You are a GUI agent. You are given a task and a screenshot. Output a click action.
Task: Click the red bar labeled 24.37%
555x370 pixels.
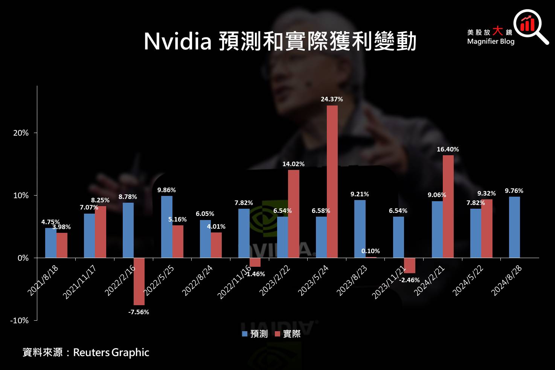click(332, 182)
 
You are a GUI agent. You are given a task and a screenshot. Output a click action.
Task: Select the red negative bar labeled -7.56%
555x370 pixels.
click(139, 281)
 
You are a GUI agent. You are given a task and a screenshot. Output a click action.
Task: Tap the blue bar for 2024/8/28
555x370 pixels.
click(514, 227)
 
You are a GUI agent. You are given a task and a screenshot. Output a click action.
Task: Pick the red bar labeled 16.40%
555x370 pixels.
click(448, 206)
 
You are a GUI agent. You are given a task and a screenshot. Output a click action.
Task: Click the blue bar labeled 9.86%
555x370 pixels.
click(167, 227)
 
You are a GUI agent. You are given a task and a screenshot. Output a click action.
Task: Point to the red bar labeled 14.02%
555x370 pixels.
click(294, 214)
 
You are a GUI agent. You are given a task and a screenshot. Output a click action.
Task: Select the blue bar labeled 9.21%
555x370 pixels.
click(360, 229)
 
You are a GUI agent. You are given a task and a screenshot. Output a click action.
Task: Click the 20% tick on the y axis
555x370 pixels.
click(21, 133)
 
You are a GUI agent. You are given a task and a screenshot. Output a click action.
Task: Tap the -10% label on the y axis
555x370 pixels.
click(19, 321)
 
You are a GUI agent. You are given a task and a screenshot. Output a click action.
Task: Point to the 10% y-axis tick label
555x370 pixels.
click(21, 196)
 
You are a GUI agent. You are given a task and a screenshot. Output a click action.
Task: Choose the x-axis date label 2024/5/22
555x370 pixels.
click(468, 280)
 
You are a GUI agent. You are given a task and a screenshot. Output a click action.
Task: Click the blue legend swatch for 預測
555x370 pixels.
click(245, 334)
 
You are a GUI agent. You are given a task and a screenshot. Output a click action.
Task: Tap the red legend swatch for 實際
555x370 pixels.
click(277, 334)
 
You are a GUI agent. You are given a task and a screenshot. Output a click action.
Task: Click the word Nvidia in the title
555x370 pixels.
click(178, 41)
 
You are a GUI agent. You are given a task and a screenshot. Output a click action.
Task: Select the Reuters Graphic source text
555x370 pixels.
click(111, 353)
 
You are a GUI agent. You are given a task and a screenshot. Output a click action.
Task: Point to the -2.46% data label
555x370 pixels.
click(409, 280)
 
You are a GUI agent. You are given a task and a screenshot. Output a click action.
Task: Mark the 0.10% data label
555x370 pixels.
click(371, 251)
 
